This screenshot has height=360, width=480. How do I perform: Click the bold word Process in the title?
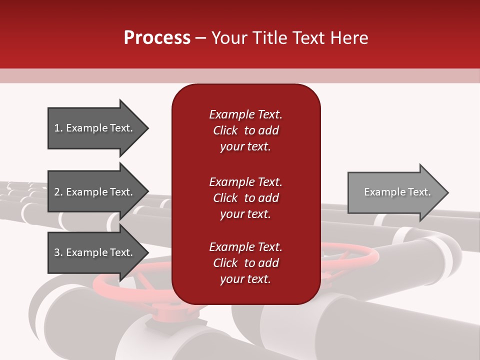(157, 38)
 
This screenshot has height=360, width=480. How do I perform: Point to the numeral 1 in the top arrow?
(57, 128)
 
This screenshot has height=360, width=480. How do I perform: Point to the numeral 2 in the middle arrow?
(57, 192)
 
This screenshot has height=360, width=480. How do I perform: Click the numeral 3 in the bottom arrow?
(57, 252)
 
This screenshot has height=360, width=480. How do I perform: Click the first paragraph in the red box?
(245, 130)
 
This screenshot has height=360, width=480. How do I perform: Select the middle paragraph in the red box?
(245, 198)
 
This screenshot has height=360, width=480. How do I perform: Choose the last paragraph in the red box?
(245, 263)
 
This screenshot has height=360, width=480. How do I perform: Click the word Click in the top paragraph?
(225, 130)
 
